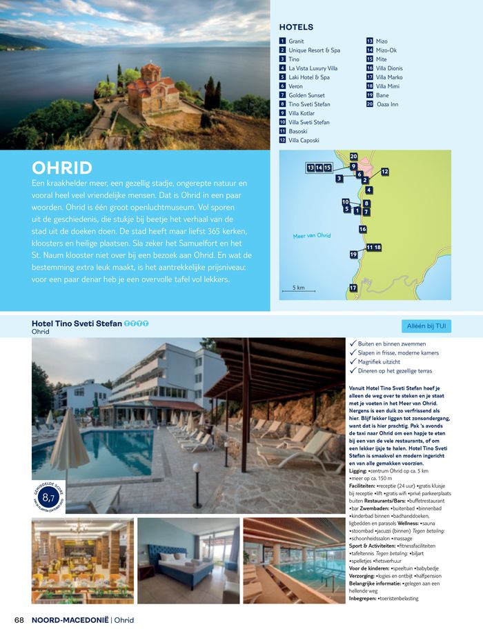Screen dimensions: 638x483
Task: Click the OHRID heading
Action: click(62, 168)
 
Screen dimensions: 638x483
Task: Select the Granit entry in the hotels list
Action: click(296, 41)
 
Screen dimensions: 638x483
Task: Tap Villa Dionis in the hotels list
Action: click(389, 68)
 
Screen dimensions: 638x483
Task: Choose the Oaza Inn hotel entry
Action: click(389, 104)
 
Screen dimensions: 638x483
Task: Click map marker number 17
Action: click(353, 288)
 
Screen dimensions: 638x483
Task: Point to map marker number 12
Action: click(384, 171)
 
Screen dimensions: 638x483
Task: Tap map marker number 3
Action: click(339, 179)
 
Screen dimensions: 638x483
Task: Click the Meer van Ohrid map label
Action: click(311, 236)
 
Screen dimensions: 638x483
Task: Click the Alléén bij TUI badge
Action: click(426, 326)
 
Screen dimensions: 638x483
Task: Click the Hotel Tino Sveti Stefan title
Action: click(77, 323)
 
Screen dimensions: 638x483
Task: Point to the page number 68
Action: click(19, 619)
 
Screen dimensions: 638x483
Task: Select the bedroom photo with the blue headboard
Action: click(188, 560)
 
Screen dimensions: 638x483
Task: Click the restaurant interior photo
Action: click(83, 560)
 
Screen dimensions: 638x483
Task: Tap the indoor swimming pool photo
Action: click(293, 560)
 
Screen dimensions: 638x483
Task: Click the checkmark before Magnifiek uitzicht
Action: click(353, 361)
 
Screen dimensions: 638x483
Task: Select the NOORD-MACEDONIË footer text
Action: click(70, 619)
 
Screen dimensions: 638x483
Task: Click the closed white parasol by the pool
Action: click(70, 448)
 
